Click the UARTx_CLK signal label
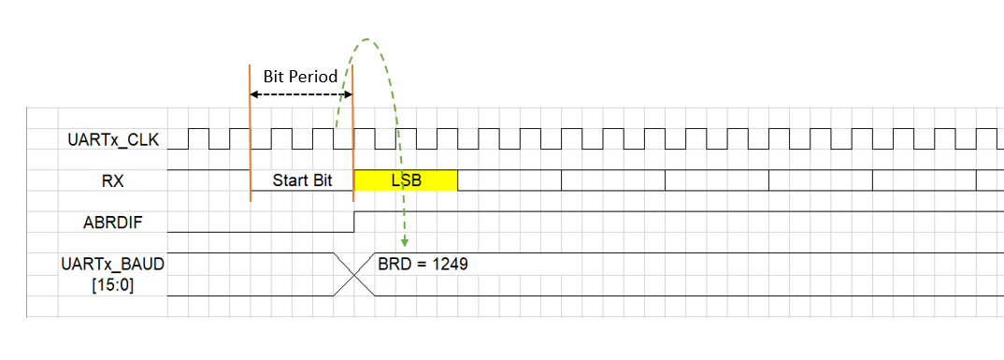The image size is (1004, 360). point(114,140)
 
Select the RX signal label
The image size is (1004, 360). point(113,181)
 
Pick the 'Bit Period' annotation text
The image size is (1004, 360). point(300,77)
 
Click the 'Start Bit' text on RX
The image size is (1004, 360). point(303,181)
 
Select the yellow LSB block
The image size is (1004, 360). point(406,181)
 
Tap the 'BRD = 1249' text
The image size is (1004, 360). point(423,265)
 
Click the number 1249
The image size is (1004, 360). point(448,265)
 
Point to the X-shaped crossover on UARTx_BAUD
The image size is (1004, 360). point(354,274)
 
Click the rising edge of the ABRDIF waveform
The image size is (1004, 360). point(354,223)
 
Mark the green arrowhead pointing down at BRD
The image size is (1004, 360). point(404,244)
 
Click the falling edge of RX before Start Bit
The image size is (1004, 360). point(251,181)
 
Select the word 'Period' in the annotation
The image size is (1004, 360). point(314,77)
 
